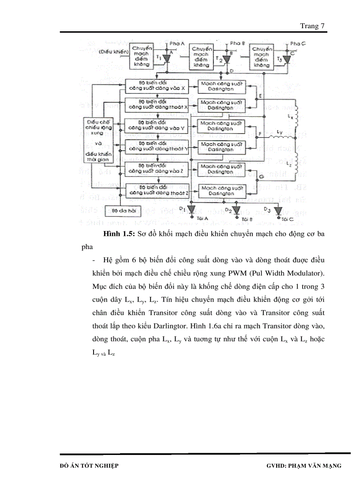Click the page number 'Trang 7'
[x=312, y=26]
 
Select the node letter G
[x=261, y=176]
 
